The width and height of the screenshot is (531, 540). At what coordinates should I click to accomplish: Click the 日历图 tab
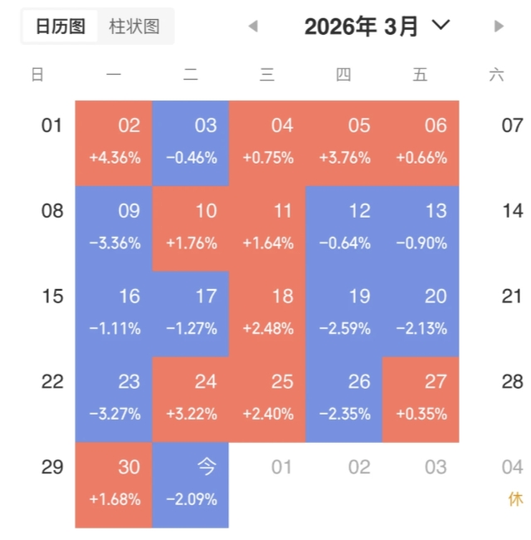pos(60,27)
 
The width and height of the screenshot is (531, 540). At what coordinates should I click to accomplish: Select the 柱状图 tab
pos(134,27)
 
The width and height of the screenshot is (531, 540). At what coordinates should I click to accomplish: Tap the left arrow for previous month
pos(253,27)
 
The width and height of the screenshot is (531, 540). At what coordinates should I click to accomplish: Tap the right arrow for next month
pos(499,27)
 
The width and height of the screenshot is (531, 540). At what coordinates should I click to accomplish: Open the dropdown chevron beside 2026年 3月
pos(441,26)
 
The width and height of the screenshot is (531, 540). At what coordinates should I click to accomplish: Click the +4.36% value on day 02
pos(114,158)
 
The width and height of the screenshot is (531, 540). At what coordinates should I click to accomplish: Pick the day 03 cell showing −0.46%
pos(191,143)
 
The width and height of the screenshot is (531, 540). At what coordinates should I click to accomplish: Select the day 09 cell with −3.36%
pos(114,228)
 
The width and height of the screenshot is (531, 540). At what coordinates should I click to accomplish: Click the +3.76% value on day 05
pos(344,158)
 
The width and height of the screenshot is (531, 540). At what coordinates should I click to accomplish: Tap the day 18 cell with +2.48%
pos(268,313)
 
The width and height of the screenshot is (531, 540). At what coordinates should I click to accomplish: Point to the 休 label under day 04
pos(515,500)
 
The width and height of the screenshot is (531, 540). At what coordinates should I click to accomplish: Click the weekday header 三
pos(267,75)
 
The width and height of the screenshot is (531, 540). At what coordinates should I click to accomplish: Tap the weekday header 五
pos(420,75)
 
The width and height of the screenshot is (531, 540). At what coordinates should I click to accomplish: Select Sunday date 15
pos(52,297)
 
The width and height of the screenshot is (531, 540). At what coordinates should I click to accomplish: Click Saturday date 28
pos(513,381)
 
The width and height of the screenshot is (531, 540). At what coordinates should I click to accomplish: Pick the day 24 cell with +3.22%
pos(191,399)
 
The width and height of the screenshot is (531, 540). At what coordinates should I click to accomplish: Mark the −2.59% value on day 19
pos(344,328)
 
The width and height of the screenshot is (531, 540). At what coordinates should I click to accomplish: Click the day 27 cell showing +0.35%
pos(421,399)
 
